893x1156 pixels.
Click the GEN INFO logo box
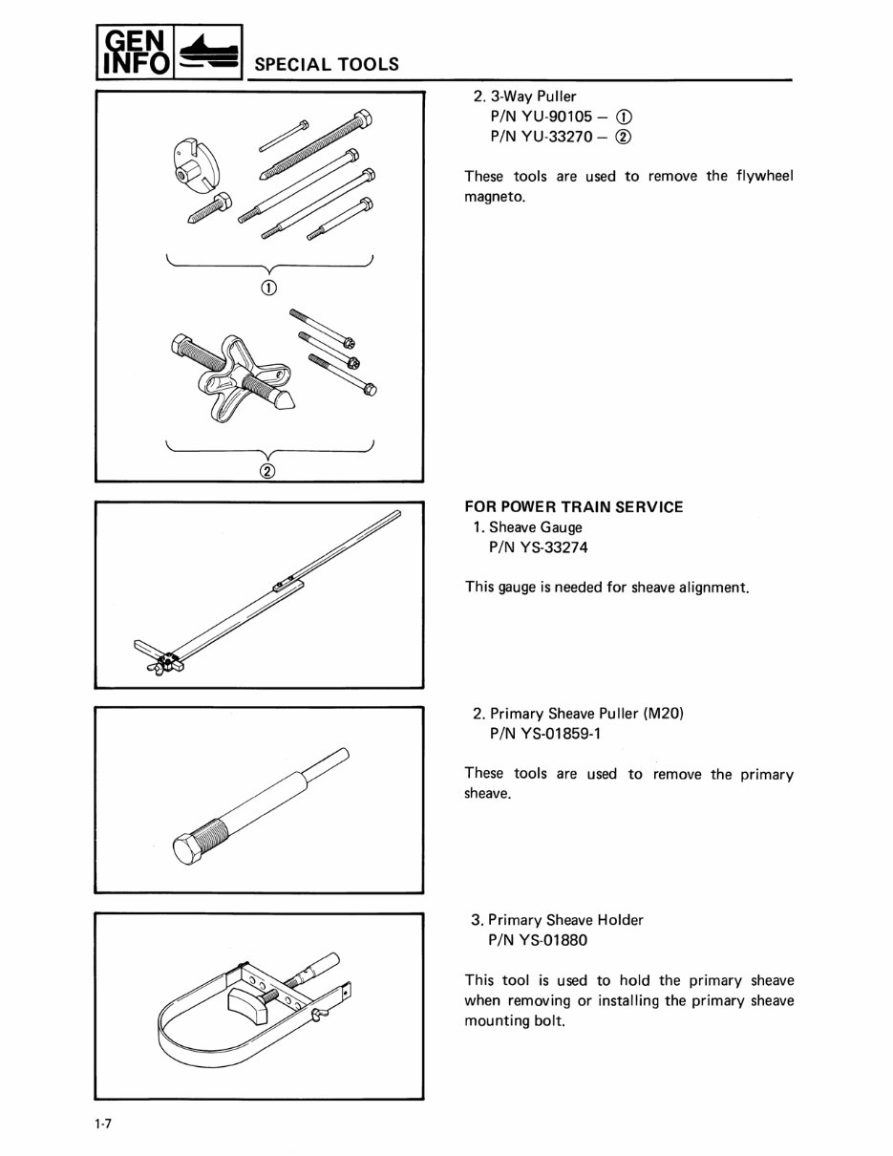[x=134, y=54]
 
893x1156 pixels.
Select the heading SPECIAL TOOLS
[x=326, y=65]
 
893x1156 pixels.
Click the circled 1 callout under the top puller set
[x=269, y=288]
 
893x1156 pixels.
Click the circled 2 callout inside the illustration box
[x=268, y=471]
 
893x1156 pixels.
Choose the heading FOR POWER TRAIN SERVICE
[x=573, y=507]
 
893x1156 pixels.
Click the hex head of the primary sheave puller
[x=189, y=846]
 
